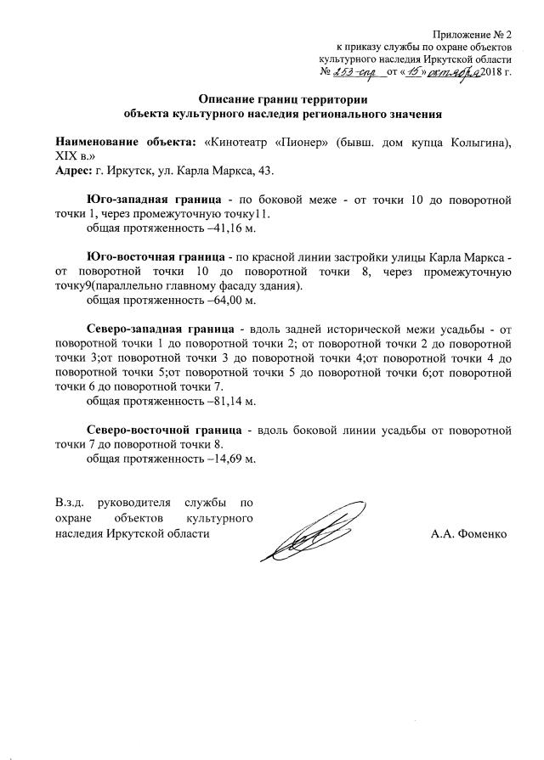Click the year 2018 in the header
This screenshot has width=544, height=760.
[492, 76]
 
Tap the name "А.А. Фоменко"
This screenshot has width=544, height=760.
[468, 534]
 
